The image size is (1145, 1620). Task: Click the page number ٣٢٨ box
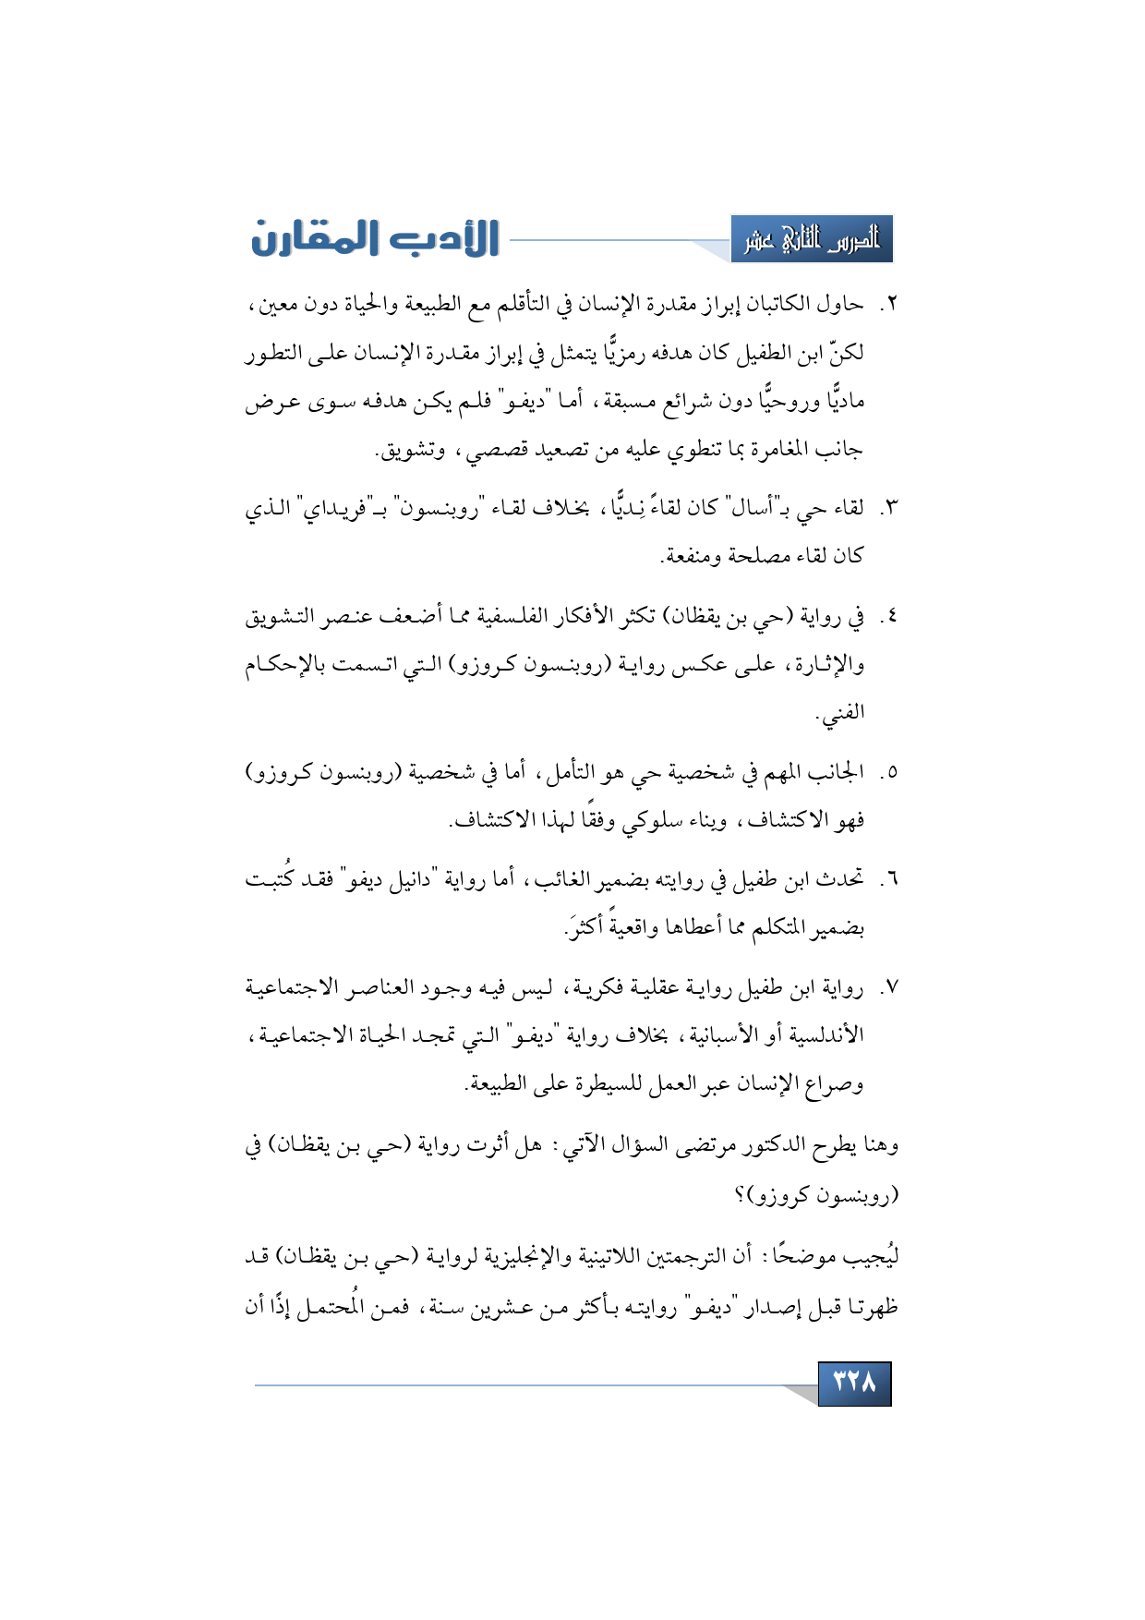pyautogui.click(x=854, y=1383)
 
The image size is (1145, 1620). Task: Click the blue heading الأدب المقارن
pyautogui.click(x=375, y=238)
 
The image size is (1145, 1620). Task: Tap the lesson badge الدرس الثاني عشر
pyautogui.click(x=812, y=240)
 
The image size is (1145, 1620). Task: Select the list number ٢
pyautogui.click(x=887, y=305)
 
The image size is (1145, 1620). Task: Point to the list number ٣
pyautogui.click(x=887, y=508)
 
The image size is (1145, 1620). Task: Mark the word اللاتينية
pyautogui.click(x=632, y=1257)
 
